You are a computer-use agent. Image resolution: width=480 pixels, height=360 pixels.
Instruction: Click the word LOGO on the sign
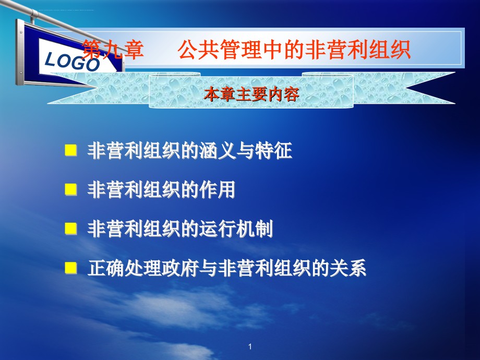click(72, 62)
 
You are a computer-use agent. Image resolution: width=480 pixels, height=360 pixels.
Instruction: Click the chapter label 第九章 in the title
click(113, 49)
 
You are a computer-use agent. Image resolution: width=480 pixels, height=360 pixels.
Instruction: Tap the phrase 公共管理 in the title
click(219, 49)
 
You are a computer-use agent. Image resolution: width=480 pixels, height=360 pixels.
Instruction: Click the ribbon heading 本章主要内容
click(251, 94)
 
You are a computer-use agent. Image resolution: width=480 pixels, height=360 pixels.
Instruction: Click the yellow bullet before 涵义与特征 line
click(71, 150)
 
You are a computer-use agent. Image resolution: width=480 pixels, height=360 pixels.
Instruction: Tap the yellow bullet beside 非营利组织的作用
click(71, 189)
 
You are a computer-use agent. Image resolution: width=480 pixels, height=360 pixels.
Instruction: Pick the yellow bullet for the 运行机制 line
click(71, 229)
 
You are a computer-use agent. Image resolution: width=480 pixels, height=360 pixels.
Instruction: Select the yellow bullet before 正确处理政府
click(71, 268)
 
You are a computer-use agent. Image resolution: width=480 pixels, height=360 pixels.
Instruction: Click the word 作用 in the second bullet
click(218, 189)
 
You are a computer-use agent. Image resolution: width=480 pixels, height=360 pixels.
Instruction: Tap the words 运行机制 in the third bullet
click(236, 229)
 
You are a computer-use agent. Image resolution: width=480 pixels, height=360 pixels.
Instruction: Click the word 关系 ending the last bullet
click(348, 268)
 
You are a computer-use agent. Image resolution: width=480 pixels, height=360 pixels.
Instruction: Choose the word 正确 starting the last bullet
click(106, 268)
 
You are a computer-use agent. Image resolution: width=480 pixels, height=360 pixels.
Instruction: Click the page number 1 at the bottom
click(250, 346)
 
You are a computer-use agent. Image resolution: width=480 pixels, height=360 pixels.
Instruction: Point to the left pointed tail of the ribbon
click(48, 103)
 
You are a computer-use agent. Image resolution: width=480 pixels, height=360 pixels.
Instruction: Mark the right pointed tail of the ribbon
click(454, 103)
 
